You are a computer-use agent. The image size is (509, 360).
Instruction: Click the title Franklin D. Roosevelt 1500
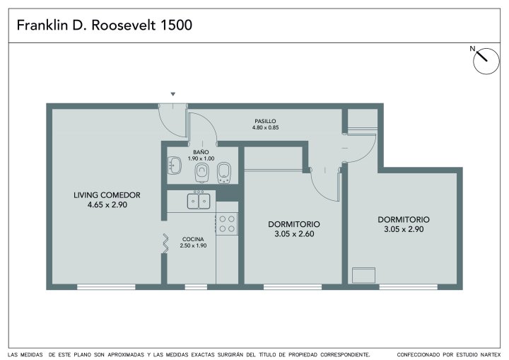pyautogui.click(x=104, y=25)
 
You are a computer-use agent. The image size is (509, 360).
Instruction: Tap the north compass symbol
pyautogui.click(x=486, y=61)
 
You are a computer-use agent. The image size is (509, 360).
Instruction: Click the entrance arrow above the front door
pyautogui.click(x=173, y=94)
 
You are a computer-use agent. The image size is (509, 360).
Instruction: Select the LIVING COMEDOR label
pyautogui.click(x=107, y=195)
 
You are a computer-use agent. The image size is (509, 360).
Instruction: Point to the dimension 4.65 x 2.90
pyautogui.click(x=107, y=204)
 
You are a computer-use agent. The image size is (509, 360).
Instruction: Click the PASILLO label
pyautogui.click(x=265, y=122)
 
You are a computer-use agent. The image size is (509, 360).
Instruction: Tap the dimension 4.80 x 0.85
pyautogui.click(x=265, y=128)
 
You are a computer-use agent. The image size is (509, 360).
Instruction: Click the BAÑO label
pyautogui.click(x=201, y=152)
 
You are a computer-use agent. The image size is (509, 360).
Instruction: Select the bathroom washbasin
pyautogui.click(x=175, y=166)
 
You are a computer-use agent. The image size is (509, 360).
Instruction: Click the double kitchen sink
pyautogui.click(x=199, y=200)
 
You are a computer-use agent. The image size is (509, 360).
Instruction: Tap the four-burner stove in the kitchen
pyautogui.click(x=227, y=224)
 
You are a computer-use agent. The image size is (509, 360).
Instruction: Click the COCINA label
pyautogui.click(x=193, y=240)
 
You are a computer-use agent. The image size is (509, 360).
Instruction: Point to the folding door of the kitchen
pyautogui.click(x=165, y=244)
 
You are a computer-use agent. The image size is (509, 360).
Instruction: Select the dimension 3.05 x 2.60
pyautogui.click(x=294, y=234)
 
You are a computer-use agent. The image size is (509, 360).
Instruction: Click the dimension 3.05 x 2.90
pyautogui.click(x=404, y=229)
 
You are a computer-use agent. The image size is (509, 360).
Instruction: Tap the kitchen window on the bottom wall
pyautogui.click(x=196, y=287)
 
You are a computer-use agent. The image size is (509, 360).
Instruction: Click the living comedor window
pyautogui.click(x=106, y=287)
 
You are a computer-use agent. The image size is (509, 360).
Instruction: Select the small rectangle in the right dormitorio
pyautogui.click(x=363, y=275)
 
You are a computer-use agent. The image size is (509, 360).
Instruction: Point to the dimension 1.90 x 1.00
pyautogui.click(x=201, y=158)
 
